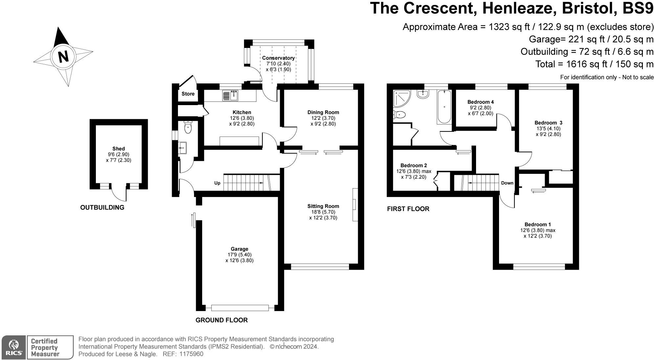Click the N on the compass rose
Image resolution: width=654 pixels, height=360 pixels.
[x=63, y=56]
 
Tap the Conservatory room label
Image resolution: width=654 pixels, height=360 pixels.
[x=278, y=58]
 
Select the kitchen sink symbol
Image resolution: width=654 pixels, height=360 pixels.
[x=231, y=95]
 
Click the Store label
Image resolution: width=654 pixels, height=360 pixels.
[x=188, y=94]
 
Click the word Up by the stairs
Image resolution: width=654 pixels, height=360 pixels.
[x=217, y=183]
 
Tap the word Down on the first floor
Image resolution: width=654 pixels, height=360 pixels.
[x=507, y=183]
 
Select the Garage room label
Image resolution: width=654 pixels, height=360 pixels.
[x=239, y=249]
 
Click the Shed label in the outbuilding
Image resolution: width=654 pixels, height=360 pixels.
[x=119, y=149]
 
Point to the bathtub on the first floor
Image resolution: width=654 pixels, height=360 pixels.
[x=444, y=107]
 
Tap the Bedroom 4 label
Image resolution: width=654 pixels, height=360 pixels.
[x=481, y=102]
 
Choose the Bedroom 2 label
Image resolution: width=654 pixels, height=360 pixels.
[x=414, y=165]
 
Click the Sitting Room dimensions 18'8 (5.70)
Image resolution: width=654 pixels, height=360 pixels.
[x=323, y=212]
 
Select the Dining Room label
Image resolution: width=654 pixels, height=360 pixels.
[x=323, y=112]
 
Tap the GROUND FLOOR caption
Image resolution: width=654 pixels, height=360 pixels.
[x=222, y=320]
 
